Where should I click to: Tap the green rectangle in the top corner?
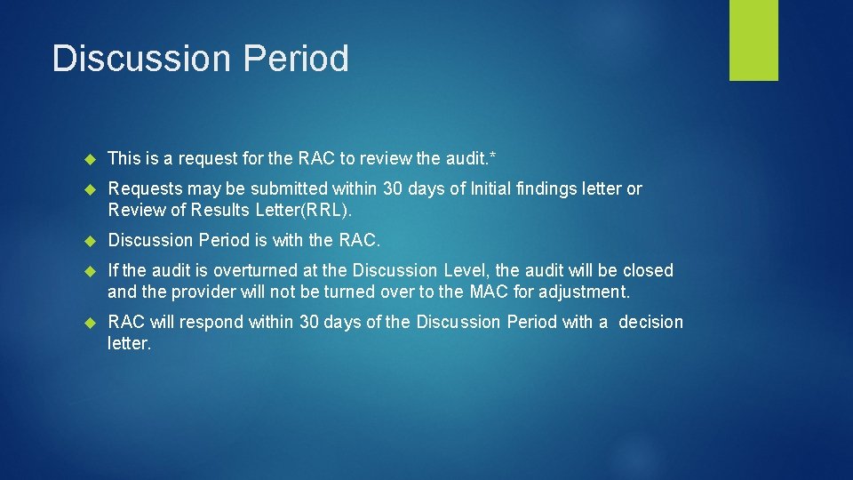click(x=753, y=40)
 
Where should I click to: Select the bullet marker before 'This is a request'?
click(x=89, y=159)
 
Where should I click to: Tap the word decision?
click(x=650, y=322)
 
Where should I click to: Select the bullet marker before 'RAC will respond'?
click(x=89, y=323)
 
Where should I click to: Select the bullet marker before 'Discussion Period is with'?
click(x=89, y=240)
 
